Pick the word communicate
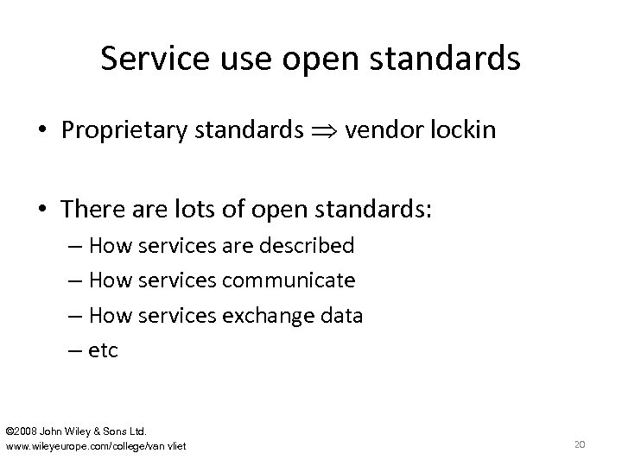coord(289,280)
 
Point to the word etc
coord(103,350)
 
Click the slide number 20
coord(580,444)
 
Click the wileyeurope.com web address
coord(95,445)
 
